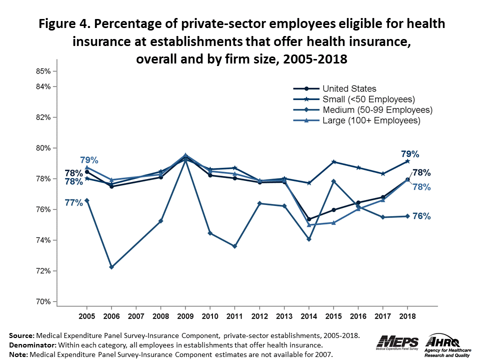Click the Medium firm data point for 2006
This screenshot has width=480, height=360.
click(111, 267)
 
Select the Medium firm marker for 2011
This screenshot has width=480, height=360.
click(234, 246)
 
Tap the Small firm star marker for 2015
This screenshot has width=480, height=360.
click(333, 162)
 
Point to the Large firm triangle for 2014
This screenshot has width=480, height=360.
click(309, 225)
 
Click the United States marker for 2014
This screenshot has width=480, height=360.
click(309, 219)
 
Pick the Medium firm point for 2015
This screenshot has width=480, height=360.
click(333, 181)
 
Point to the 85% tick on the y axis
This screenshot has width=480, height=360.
click(44, 71)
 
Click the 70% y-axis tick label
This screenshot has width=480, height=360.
click(44, 301)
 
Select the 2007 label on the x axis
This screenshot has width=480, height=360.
click(136, 316)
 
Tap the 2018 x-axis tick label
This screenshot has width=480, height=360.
click(407, 316)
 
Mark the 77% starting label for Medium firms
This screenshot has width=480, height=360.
click(73, 202)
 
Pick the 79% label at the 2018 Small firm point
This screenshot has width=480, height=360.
click(410, 153)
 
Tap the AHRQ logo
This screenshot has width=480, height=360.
click(446, 343)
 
